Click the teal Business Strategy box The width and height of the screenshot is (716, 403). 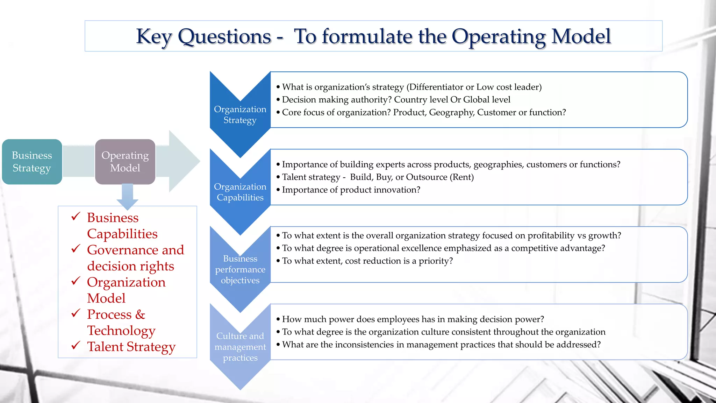[32, 162]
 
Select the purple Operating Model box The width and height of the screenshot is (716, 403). [125, 162]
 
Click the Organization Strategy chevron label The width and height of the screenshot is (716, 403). [240, 114]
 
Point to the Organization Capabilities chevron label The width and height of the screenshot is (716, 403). [240, 192]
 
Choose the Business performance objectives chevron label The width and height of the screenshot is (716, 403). [240, 269]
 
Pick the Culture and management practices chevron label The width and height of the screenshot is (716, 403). [240, 347]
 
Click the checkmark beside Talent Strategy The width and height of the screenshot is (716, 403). [76, 346]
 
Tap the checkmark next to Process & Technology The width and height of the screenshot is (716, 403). [76, 313]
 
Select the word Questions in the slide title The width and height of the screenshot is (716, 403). [224, 36]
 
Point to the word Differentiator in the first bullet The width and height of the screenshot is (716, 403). [436, 87]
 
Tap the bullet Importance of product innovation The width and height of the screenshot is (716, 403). [351, 190]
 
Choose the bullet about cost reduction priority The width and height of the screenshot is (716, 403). [367, 261]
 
